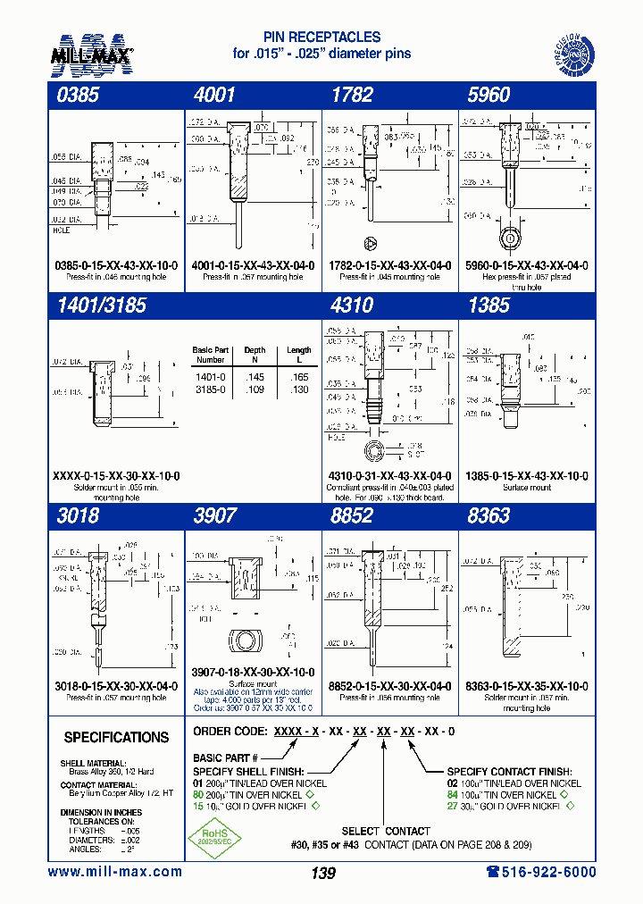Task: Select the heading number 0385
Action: pos(74,96)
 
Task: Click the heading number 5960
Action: pos(489,96)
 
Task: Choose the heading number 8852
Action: pos(351,515)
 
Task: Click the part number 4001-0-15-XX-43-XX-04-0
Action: pos(253,265)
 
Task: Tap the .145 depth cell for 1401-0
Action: pos(254,378)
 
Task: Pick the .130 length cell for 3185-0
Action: pos(299,390)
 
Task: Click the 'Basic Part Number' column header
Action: pos(211,355)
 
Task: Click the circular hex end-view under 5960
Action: pos(509,239)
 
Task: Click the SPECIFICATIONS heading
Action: pos(116,738)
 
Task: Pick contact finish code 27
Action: pos(453,806)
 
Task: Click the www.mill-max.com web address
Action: pos(114,872)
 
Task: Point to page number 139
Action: pos(322,874)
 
